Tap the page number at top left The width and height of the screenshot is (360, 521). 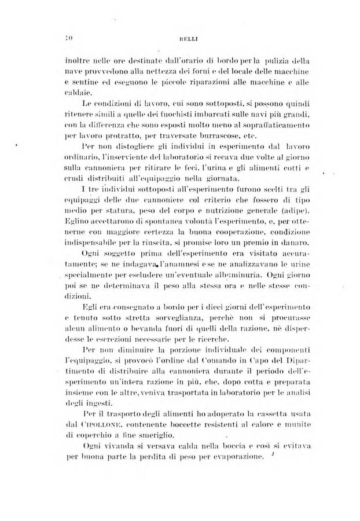[68, 39]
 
